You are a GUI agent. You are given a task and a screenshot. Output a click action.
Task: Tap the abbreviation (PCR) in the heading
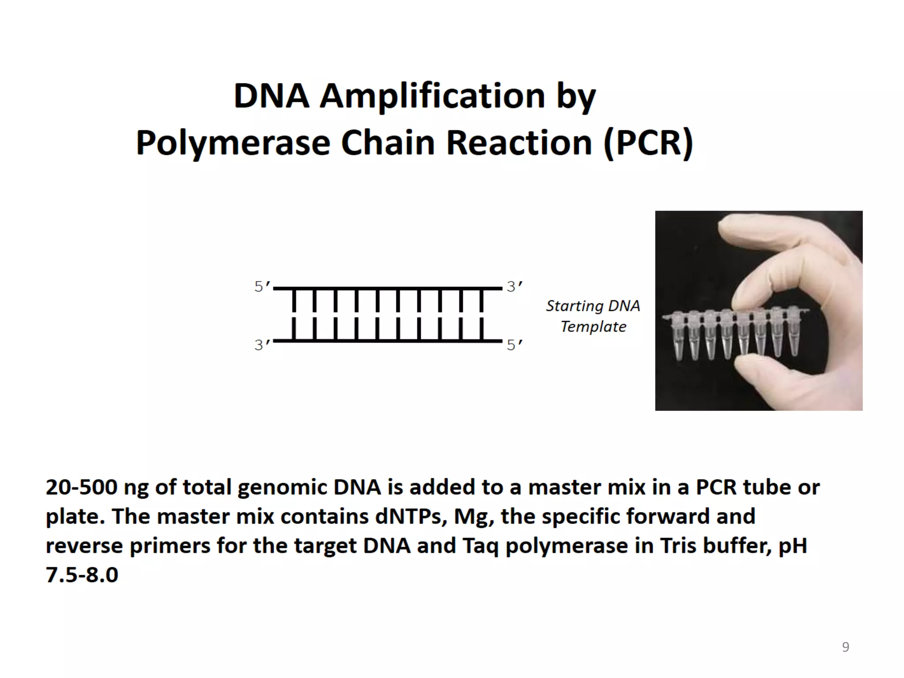[x=649, y=143]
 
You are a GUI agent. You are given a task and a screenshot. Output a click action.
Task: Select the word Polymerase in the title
[x=233, y=143]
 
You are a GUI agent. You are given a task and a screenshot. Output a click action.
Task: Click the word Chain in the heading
[x=388, y=143]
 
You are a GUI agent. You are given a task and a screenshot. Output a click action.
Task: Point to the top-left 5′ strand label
[x=262, y=287]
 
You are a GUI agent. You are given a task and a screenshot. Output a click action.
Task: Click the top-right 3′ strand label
[x=514, y=287]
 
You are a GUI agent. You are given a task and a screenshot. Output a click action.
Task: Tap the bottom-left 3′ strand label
[x=262, y=345]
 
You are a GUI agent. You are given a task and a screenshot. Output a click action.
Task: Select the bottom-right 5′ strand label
[x=514, y=345]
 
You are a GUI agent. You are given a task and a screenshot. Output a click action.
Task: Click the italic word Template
[x=593, y=327]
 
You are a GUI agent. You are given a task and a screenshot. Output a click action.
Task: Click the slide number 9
[x=845, y=647]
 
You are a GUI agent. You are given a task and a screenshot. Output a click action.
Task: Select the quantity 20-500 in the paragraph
[x=82, y=488]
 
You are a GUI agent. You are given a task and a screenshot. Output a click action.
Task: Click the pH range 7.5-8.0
[x=82, y=575]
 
